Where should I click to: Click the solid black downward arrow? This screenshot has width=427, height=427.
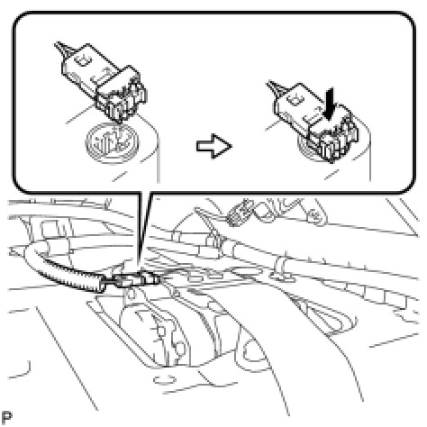coord(330,104)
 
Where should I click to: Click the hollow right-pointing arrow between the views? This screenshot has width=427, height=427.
coord(214,146)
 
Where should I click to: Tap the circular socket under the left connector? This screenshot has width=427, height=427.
coord(112,142)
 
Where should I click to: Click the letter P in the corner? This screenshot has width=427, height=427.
coord(6,417)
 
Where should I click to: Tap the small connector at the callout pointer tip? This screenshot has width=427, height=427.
coord(132,280)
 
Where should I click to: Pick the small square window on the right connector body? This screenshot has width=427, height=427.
coord(294,99)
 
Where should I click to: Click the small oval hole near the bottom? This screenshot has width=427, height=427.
coord(164,379)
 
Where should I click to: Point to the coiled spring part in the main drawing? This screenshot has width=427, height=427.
coord(237,214)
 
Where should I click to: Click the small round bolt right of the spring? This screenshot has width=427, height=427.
coord(313,215)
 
